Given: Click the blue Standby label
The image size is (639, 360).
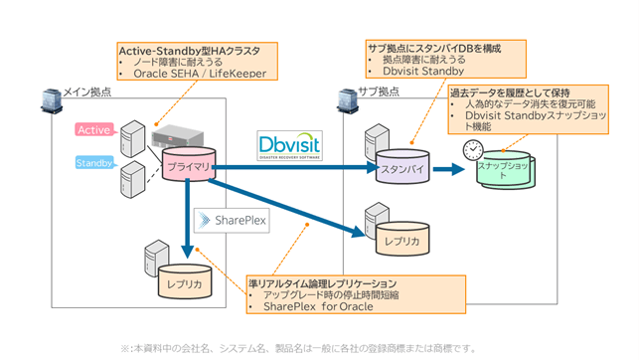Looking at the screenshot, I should [92, 161].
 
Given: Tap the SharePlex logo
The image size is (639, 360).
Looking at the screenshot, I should [231, 219].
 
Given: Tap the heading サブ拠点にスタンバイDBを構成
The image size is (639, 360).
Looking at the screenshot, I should [433, 46].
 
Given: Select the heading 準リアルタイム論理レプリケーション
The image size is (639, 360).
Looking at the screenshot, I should [327, 283].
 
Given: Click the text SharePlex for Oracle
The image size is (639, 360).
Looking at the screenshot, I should [322, 309].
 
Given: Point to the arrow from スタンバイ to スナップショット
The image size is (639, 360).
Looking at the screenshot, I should [447, 168].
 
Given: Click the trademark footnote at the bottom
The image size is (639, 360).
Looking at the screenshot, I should [298, 348].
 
